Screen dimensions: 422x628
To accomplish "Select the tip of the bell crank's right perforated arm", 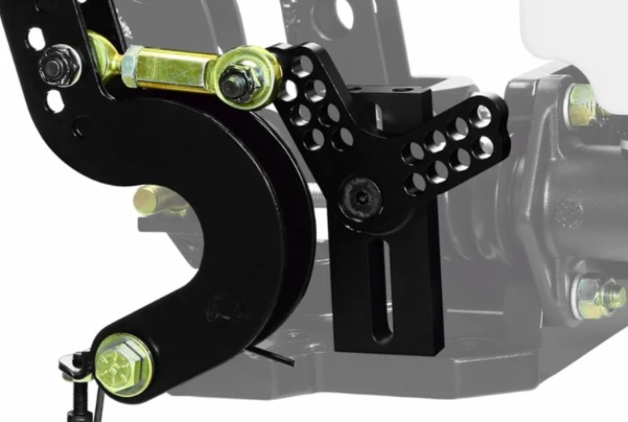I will (491, 118).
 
